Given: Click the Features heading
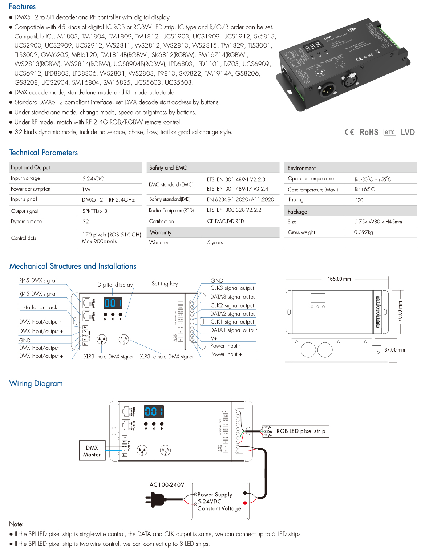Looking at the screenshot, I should pyautogui.click(x=22, y=7).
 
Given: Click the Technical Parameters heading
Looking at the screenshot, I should pyautogui.click(x=44, y=153).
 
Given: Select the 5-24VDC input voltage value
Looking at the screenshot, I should pyautogui.click(x=93, y=179).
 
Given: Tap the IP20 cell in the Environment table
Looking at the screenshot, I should pyautogui.click(x=359, y=200).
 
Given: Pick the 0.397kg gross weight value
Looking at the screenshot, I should pyautogui.click(x=363, y=232).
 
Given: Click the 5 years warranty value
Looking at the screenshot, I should pyautogui.click(x=215, y=243).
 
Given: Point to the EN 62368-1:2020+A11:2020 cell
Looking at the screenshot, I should pyautogui.click(x=240, y=199).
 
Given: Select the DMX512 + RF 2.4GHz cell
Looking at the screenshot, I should pyautogui.click(x=108, y=200).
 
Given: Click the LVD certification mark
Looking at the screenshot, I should pyautogui.click(x=408, y=132).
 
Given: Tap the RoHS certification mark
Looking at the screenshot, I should pyautogui.click(x=369, y=132).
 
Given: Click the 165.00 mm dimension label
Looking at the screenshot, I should pyautogui.click(x=339, y=279).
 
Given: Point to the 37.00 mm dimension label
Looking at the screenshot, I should pyautogui.click(x=394, y=350).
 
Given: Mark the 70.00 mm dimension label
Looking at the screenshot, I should pyautogui.click(x=400, y=311).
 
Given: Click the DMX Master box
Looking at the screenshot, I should pyautogui.click(x=92, y=451).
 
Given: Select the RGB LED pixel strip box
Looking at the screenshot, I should pyautogui.click(x=301, y=431).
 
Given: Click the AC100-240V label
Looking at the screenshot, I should pyautogui.click(x=167, y=484).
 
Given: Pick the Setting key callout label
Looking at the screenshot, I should pyautogui.click(x=165, y=284).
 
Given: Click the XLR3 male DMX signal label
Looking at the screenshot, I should pyautogui.click(x=109, y=357).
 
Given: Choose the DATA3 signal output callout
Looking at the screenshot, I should pyautogui.click(x=233, y=297).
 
